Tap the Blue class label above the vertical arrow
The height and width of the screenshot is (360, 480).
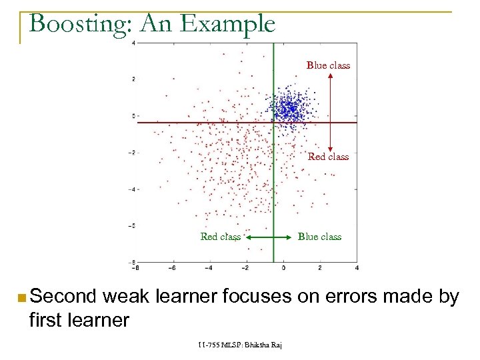coord(328,65)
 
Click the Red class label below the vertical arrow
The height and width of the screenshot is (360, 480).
coord(328,157)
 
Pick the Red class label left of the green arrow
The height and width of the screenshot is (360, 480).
coord(221,237)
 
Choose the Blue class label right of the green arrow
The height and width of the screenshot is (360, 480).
coord(319,237)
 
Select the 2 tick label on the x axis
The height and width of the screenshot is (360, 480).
coord(320,268)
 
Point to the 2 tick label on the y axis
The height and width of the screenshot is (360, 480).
coord(133,79)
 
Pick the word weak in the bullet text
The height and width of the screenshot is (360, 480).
coord(134,296)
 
